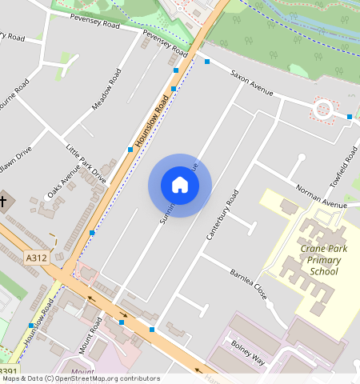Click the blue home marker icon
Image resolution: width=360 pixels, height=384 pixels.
coord(180,186)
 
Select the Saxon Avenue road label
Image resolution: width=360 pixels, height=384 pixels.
coord(252,87)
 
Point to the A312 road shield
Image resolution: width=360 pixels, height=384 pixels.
coord(36,258)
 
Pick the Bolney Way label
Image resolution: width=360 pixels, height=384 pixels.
coord(248,352)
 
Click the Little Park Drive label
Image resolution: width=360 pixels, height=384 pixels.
coord(86,164)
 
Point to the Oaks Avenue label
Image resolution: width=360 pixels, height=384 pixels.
coord(64,182)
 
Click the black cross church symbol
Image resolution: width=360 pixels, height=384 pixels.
coord(3,201)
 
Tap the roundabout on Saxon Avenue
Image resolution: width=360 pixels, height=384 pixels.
coord(323,109)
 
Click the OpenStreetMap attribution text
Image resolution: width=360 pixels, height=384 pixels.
coord(80,378)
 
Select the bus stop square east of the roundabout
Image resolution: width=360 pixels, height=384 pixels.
coord(350,118)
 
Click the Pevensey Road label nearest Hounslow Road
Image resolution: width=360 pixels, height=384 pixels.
coord(164,40)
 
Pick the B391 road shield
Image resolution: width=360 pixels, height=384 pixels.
coord(8,371)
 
